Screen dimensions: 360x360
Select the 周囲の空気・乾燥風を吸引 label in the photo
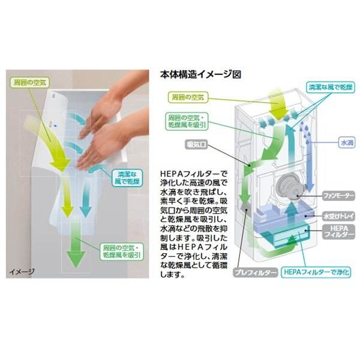[121, 251]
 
